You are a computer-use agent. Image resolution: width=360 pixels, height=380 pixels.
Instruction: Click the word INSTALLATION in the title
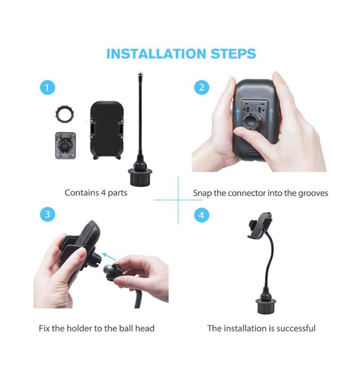156,54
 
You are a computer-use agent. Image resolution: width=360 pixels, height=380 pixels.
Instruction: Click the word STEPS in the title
233,54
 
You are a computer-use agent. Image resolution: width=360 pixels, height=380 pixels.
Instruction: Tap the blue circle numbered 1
48,87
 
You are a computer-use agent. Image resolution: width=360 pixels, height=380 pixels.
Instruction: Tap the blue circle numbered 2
202,87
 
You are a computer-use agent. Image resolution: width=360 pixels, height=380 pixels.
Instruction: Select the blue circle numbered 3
48,214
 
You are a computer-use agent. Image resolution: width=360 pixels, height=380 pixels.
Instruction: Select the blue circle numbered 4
202,215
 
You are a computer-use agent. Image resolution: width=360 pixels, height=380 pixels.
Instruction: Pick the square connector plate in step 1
65,145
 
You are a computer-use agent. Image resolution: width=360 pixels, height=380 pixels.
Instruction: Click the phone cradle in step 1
107,131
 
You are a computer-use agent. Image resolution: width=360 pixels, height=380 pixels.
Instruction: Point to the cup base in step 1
140,175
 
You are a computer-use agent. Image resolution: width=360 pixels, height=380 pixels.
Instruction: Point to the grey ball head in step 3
108,270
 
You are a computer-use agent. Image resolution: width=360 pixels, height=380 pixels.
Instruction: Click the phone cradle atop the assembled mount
260,226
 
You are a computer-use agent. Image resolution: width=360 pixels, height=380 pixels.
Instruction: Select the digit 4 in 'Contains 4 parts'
103,193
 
